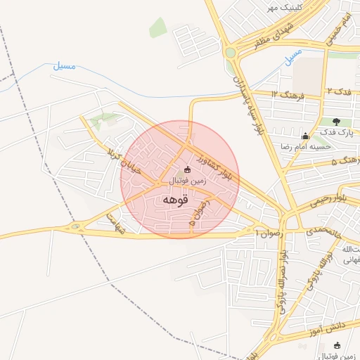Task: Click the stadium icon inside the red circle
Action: click(x=186, y=169)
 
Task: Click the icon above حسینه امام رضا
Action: click(x=304, y=136)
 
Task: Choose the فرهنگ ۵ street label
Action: click(x=345, y=162)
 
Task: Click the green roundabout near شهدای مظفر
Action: click(x=230, y=52)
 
